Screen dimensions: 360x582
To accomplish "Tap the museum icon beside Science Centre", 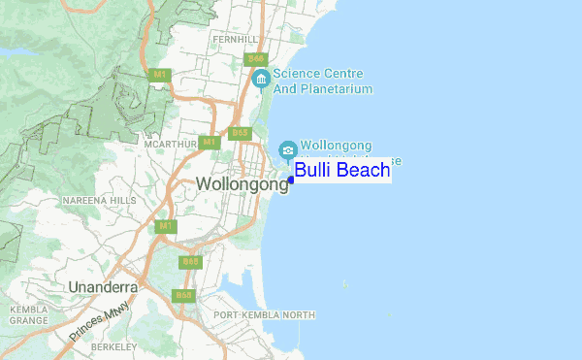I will (260, 79).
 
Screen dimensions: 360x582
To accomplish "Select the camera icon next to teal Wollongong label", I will (288, 149).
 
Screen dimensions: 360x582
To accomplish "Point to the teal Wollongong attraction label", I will (337, 145).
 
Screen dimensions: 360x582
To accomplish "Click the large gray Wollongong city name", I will (242, 184).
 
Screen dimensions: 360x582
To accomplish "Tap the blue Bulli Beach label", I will (342, 172).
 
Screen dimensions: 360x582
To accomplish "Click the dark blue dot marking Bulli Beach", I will (291, 180).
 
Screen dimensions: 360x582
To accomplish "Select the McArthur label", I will (170, 144).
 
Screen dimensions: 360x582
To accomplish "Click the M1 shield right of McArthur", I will (209, 143).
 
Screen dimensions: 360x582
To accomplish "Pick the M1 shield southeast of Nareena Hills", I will (166, 226).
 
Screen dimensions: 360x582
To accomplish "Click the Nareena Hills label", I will (100, 200).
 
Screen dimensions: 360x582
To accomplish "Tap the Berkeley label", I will (115, 345).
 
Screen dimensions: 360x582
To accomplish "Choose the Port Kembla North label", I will (265, 315).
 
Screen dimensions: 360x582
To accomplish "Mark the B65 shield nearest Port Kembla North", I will (183, 294).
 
